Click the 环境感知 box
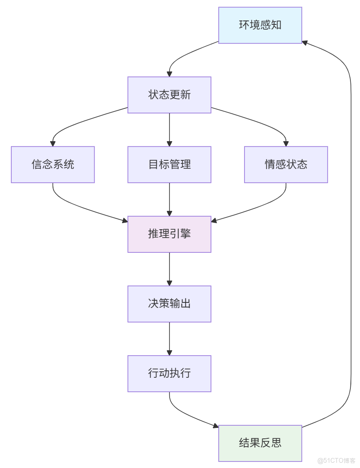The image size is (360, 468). (x=260, y=25)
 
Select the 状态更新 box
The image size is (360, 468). (x=169, y=95)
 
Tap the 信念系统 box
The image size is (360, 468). (x=53, y=164)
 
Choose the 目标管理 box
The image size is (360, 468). (x=169, y=164)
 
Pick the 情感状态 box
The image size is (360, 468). (x=286, y=164)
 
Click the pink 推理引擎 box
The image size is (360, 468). (x=169, y=234)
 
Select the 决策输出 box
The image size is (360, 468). (x=169, y=304)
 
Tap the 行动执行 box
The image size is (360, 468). (x=169, y=373)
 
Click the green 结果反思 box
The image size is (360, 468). (x=260, y=443)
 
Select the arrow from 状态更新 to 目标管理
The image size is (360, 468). (x=169, y=129)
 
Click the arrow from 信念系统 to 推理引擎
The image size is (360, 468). (x=78, y=207)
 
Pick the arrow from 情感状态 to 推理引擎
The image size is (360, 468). (x=262, y=207)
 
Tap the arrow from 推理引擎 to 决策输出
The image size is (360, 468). (x=169, y=269)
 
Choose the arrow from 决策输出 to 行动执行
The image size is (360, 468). (x=169, y=339)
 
